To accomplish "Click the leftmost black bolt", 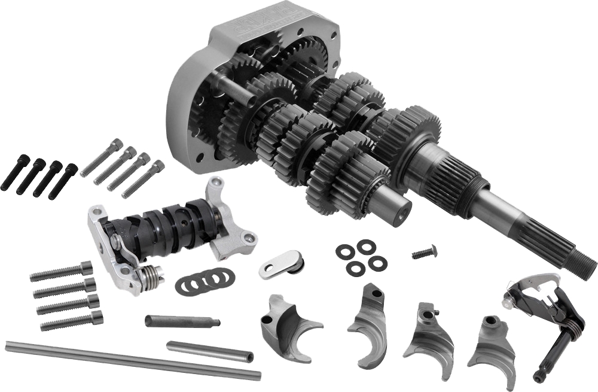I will click(x=15, y=174).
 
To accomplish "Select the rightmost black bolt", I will click(x=63, y=181).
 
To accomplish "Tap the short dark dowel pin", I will click(x=173, y=321).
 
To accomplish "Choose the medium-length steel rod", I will click(x=209, y=351).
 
